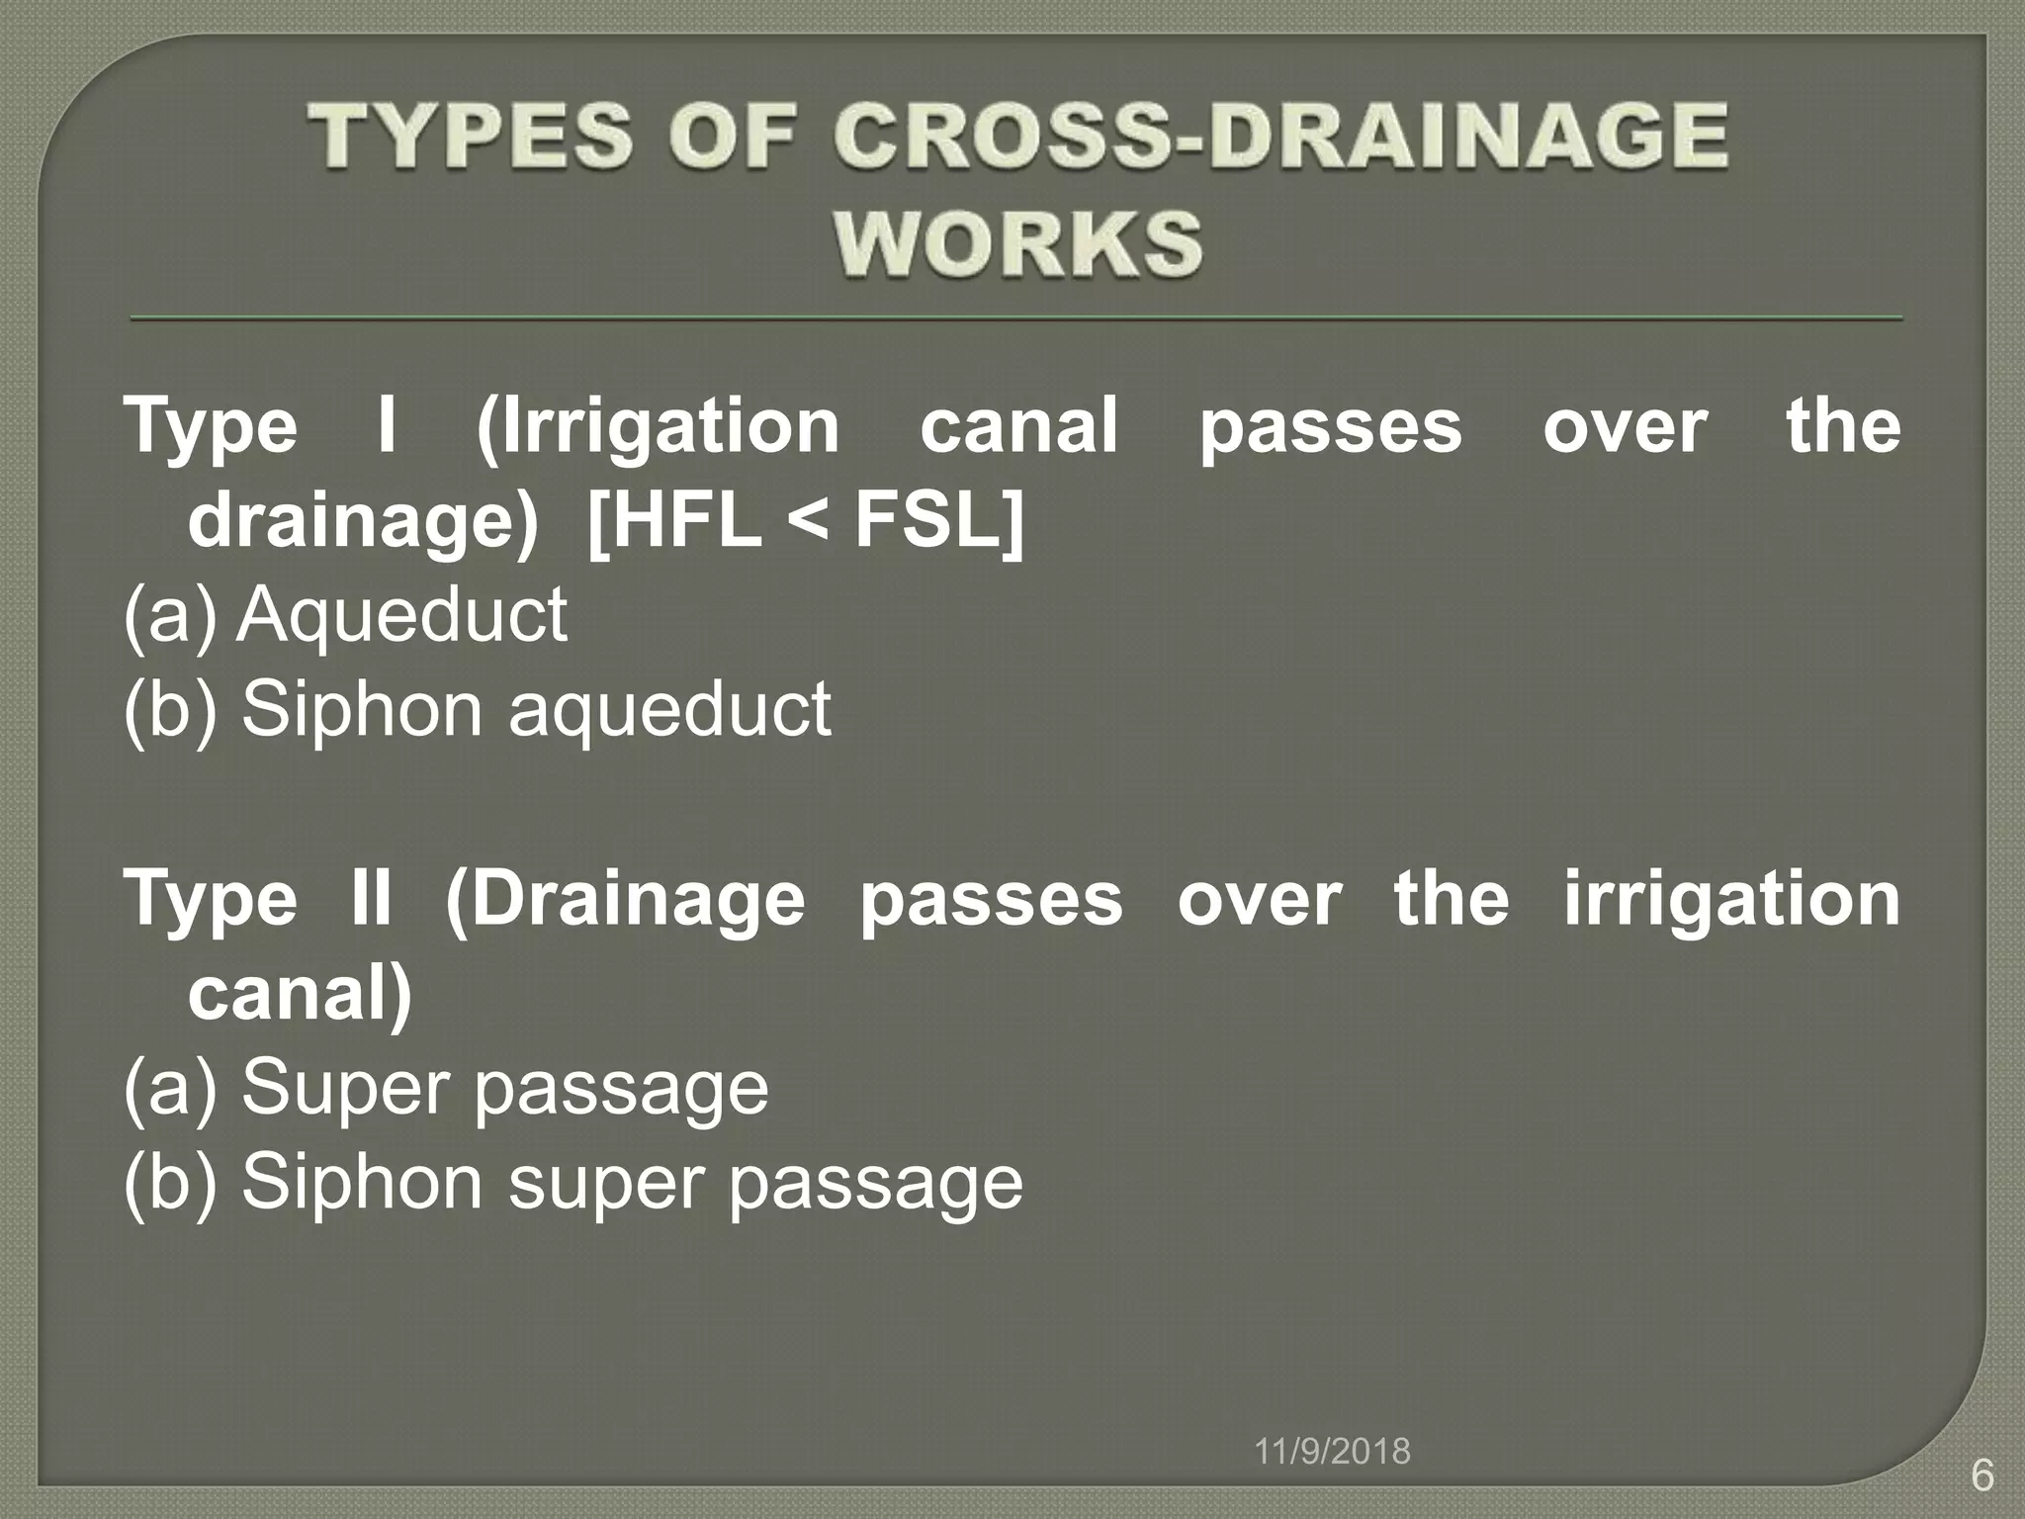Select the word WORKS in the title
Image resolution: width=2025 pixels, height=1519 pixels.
[1018, 243]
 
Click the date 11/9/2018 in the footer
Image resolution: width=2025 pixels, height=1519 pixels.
[1332, 1452]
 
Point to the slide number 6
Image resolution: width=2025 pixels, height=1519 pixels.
[1981, 1476]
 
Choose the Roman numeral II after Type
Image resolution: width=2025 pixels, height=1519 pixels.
[371, 899]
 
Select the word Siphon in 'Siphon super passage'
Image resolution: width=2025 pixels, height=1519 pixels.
[362, 1182]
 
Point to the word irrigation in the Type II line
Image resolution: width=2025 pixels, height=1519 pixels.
[1731, 899]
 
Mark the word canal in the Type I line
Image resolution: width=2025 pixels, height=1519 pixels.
[1019, 426]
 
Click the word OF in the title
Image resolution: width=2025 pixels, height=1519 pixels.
[733, 137]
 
